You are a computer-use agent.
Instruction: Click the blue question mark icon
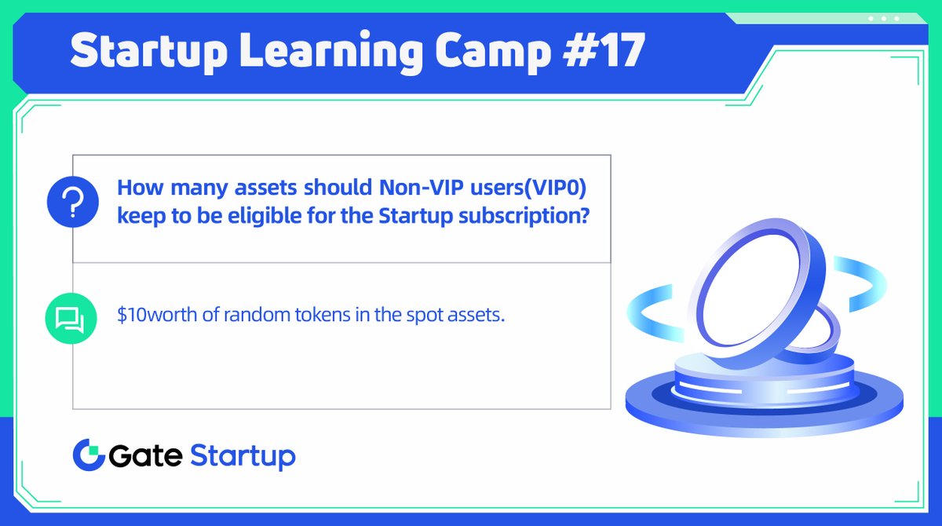(71, 202)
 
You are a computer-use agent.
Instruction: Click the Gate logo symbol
(88, 455)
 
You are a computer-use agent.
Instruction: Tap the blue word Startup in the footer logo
(243, 457)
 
